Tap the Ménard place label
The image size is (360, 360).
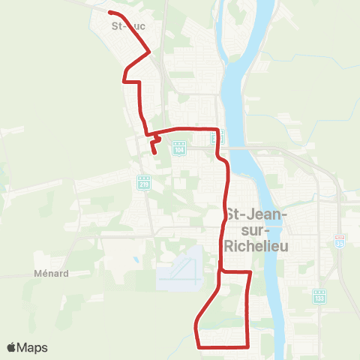(52, 273)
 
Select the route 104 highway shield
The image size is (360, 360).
(178, 148)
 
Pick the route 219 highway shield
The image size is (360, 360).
(143, 181)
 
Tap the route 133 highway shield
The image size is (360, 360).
(318, 296)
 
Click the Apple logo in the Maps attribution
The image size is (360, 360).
(11, 347)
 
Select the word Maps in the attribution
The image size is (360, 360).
(33, 347)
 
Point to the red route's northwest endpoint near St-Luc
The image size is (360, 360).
(110, 13)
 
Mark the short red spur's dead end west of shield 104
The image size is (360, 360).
(154, 152)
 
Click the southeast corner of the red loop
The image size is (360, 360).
(248, 346)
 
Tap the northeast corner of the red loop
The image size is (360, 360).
(250, 272)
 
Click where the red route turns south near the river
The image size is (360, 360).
(218, 130)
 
